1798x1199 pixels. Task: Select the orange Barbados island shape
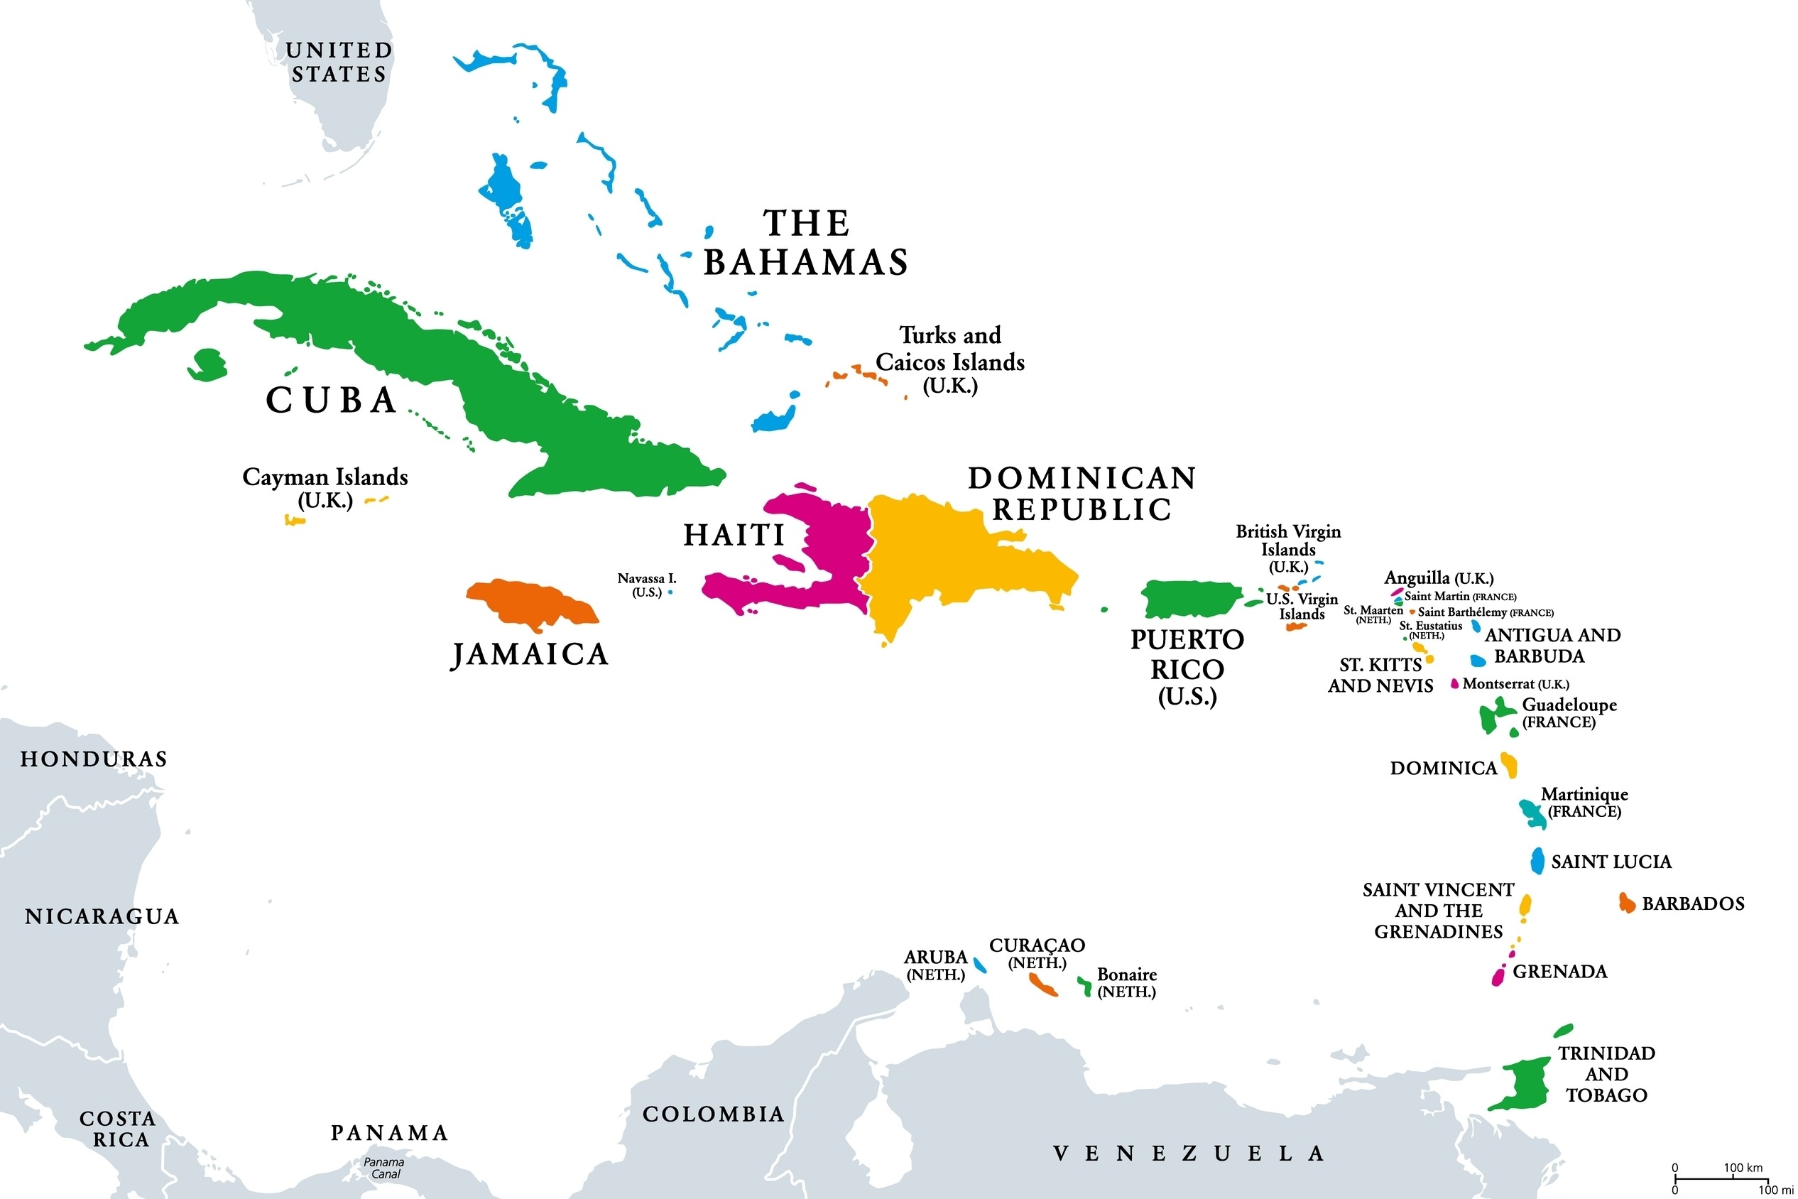click(1626, 903)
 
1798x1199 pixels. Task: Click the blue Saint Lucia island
click(1537, 861)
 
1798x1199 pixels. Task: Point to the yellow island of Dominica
click(1509, 765)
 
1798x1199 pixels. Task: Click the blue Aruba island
click(979, 965)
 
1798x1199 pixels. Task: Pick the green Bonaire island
click(1085, 986)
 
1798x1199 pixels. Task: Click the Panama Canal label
click(383, 1168)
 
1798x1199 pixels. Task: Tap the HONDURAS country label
click(93, 759)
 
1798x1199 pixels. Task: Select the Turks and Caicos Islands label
click(949, 359)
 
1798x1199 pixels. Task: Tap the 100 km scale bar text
click(1742, 1168)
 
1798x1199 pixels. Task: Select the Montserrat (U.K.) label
click(1515, 684)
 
